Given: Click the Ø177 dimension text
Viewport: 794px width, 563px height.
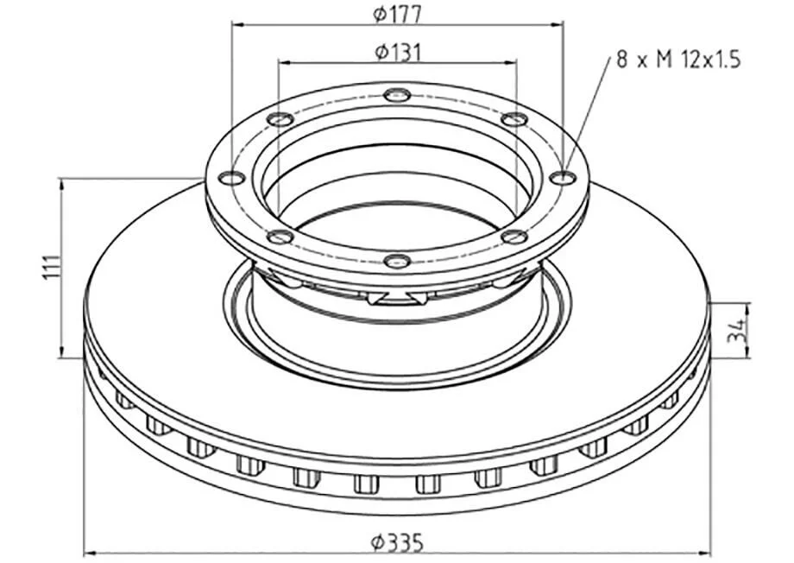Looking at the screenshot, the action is click(397, 14).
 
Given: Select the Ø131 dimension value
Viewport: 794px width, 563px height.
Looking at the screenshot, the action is click(398, 52).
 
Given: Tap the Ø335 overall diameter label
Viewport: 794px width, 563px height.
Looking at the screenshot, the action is click(397, 544).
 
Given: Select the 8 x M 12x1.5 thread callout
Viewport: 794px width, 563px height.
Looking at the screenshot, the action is click(678, 60).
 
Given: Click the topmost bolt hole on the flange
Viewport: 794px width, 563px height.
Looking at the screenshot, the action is click(397, 95).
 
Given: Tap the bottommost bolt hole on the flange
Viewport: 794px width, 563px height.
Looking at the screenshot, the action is click(397, 262).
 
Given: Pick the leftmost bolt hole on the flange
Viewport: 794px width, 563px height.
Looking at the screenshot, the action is click(231, 179).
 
